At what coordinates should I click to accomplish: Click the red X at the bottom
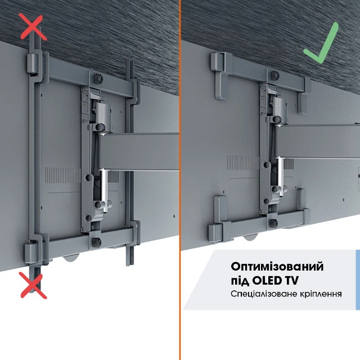(x=34, y=285)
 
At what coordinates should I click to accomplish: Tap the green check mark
(x=321, y=43)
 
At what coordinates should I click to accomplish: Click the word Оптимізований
(x=277, y=267)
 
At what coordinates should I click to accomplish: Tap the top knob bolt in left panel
(x=98, y=79)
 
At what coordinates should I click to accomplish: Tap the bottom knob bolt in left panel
(x=97, y=242)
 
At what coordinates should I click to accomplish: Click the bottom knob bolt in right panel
(x=273, y=223)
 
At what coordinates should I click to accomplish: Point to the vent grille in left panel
(x=63, y=175)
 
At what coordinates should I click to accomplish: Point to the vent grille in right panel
(x=244, y=163)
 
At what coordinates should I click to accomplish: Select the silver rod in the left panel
(x=104, y=190)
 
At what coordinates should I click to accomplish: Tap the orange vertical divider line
(x=180, y=180)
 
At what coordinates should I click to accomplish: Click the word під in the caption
(x=240, y=281)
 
